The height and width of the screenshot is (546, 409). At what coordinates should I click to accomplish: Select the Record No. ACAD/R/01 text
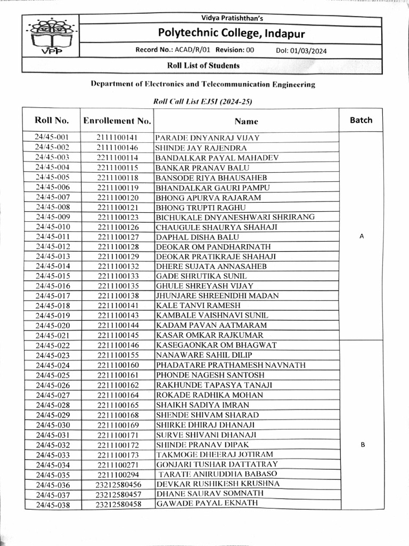pos(177,50)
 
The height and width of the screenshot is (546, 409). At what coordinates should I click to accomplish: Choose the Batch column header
pos(361,120)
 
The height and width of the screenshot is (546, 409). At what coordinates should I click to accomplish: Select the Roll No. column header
pos(52,120)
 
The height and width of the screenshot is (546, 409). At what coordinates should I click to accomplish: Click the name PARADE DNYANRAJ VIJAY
pos(207,138)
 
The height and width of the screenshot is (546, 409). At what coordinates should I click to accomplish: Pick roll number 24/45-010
pos(52,227)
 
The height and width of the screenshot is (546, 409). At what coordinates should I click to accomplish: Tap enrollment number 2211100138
pos(118,295)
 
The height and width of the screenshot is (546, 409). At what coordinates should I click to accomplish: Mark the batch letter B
pos(363,445)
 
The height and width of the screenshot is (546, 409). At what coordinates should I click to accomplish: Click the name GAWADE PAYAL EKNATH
pos(207,503)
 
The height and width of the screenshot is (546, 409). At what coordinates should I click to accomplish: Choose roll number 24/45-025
pos(52,375)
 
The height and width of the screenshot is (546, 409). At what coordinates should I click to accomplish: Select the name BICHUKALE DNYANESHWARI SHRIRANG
pos(235,217)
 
